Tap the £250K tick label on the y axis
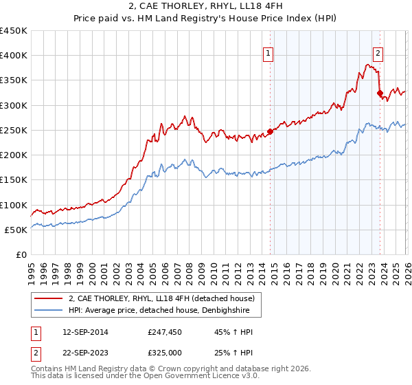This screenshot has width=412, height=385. click(14, 130)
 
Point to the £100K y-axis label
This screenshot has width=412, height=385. click(14, 205)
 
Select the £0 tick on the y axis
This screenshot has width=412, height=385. click(21, 254)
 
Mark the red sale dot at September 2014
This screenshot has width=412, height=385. click(270, 131)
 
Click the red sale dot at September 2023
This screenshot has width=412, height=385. click(380, 93)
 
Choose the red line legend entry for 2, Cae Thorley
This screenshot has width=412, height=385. click(161, 298)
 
